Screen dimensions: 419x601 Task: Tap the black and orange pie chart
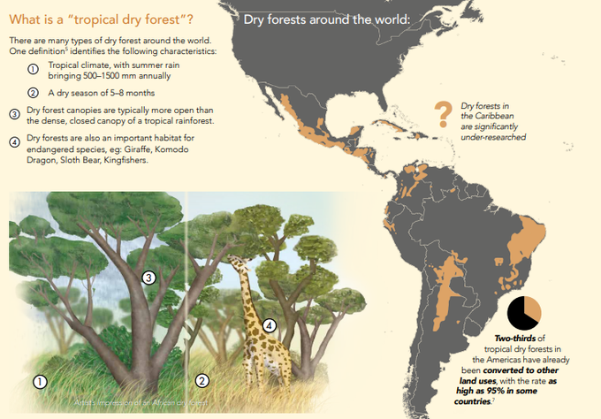pyautogui.click(x=525, y=313)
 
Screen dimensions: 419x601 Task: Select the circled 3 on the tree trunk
pyautogui.click(x=149, y=278)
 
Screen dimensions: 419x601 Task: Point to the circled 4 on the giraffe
pyautogui.click(x=270, y=325)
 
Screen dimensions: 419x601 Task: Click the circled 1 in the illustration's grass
pyautogui.click(x=39, y=381)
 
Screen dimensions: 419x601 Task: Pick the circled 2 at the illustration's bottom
pyautogui.click(x=202, y=381)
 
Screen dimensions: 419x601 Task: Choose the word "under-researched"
pyautogui.click(x=494, y=137)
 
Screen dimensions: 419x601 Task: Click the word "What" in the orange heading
pyautogui.click(x=26, y=19)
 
